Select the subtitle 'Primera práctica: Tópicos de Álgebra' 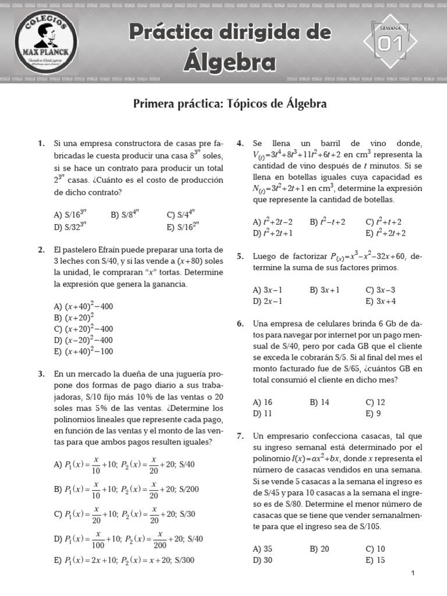click(230, 104)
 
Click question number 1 click(41, 143)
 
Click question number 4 click(240, 143)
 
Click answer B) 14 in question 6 click(320, 402)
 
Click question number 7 click(240, 436)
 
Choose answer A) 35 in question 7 click(262, 549)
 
